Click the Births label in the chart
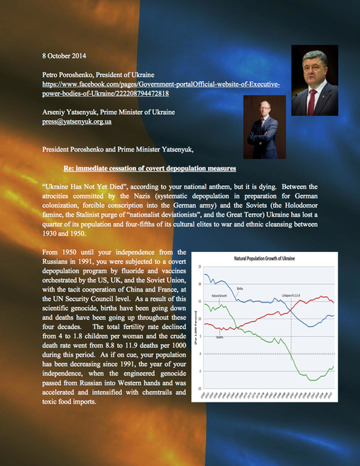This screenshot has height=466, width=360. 241,288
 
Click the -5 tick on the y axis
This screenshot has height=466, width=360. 200,371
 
